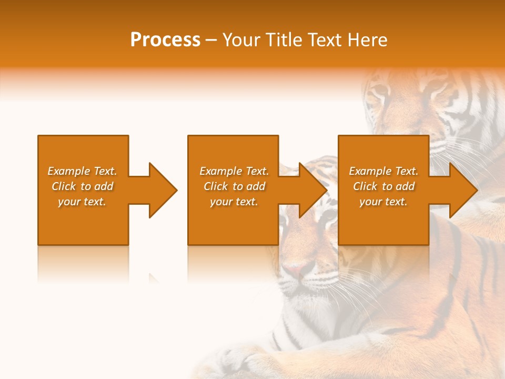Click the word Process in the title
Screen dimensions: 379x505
tap(165, 40)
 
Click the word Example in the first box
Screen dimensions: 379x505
tap(69, 171)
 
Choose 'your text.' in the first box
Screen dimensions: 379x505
tap(82, 202)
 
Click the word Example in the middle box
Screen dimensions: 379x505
tap(221, 171)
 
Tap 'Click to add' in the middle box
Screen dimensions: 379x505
tap(234, 186)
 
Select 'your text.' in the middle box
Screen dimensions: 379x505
tap(234, 202)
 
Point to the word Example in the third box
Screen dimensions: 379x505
tap(370, 171)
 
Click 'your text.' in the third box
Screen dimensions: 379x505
tap(383, 202)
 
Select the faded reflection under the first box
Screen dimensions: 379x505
tap(83, 263)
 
